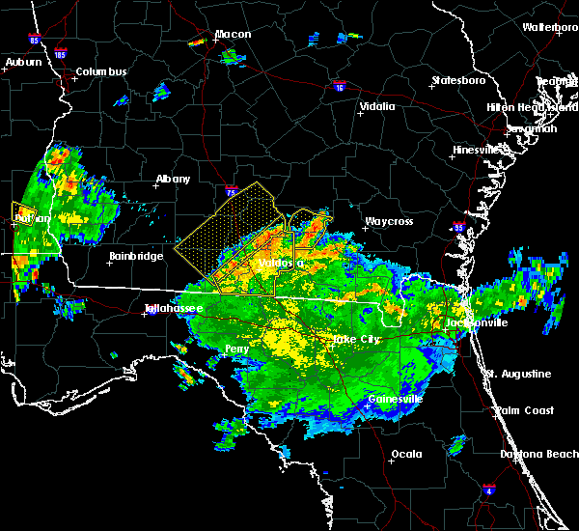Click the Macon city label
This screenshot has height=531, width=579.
[x=233, y=35]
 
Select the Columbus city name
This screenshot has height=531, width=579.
[x=101, y=72]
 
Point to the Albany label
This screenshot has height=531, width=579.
[x=174, y=179]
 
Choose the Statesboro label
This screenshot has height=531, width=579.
[x=460, y=80]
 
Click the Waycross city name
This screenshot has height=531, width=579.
[x=388, y=221]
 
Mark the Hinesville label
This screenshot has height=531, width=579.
[x=480, y=150]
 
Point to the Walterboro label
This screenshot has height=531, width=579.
[x=550, y=27]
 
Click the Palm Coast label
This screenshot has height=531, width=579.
[x=526, y=410]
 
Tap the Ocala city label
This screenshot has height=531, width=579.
[x=406, y=454]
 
